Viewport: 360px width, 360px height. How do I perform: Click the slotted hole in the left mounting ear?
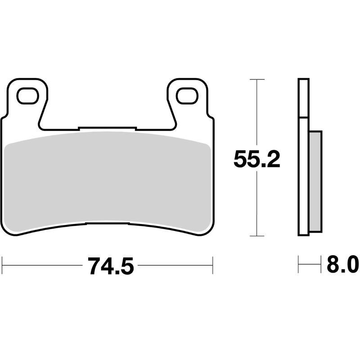point(27,95)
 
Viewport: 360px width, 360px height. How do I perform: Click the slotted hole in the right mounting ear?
point(187,95)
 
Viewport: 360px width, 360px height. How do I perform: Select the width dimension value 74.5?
point(111,266)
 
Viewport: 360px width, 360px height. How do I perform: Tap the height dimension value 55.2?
point(256,159)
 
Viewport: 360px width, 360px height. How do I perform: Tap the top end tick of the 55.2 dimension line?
point(256,80)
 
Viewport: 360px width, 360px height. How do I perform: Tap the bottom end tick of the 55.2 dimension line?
point(256,235)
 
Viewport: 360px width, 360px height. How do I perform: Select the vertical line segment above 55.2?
point(256,112)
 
